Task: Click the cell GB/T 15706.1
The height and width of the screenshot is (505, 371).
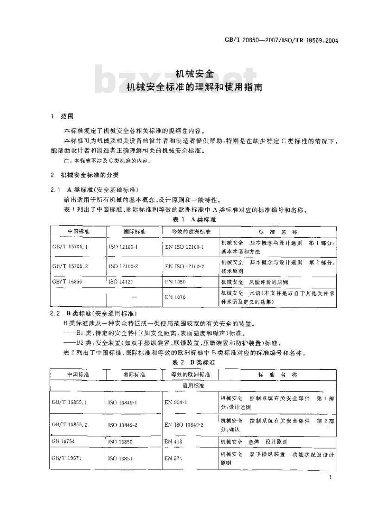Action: click(x=70, y=247)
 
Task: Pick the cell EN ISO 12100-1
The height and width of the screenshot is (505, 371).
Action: click(x=184, y=247)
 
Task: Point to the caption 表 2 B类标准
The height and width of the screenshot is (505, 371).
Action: click(x=194, y=362)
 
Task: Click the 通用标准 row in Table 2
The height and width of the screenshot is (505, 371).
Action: click(x=194, y=385)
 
